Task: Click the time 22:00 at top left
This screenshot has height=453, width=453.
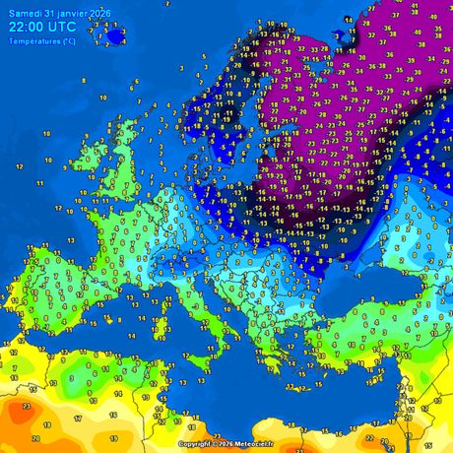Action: (x=27, y=27)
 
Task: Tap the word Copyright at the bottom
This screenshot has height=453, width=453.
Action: (x=196, y=444)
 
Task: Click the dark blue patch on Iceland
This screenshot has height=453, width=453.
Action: (x=116, y=36)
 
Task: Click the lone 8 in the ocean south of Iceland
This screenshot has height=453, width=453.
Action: (x=84, y=81)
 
